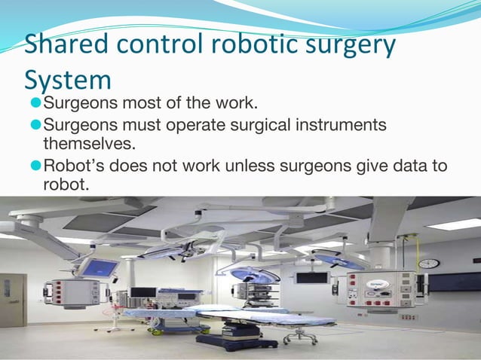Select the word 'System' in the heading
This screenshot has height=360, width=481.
point(68,79)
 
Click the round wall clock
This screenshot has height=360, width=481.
point(428,264)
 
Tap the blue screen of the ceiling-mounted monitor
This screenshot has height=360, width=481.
point(98,267)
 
